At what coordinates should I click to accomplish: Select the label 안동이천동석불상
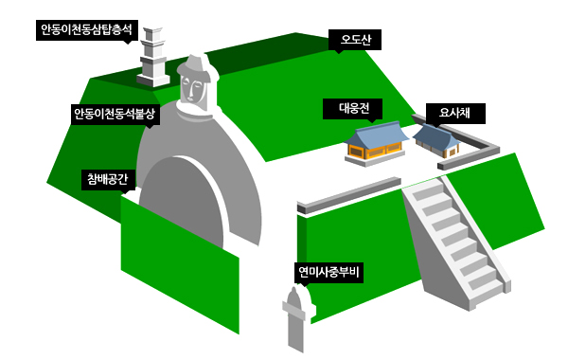tap(113, 114)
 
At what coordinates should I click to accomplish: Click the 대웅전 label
tap(354, 106)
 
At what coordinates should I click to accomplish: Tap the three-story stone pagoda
tap(152, 57)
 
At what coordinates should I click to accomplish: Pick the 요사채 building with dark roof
tap(436, 140)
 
